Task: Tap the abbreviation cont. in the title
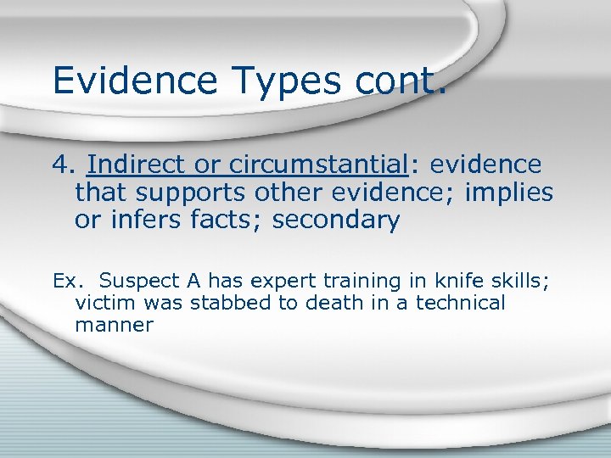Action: coord(398,81)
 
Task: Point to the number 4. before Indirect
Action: coord(64,163)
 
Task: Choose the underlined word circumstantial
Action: coord(325,163)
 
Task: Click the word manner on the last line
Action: coord(114,325)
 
